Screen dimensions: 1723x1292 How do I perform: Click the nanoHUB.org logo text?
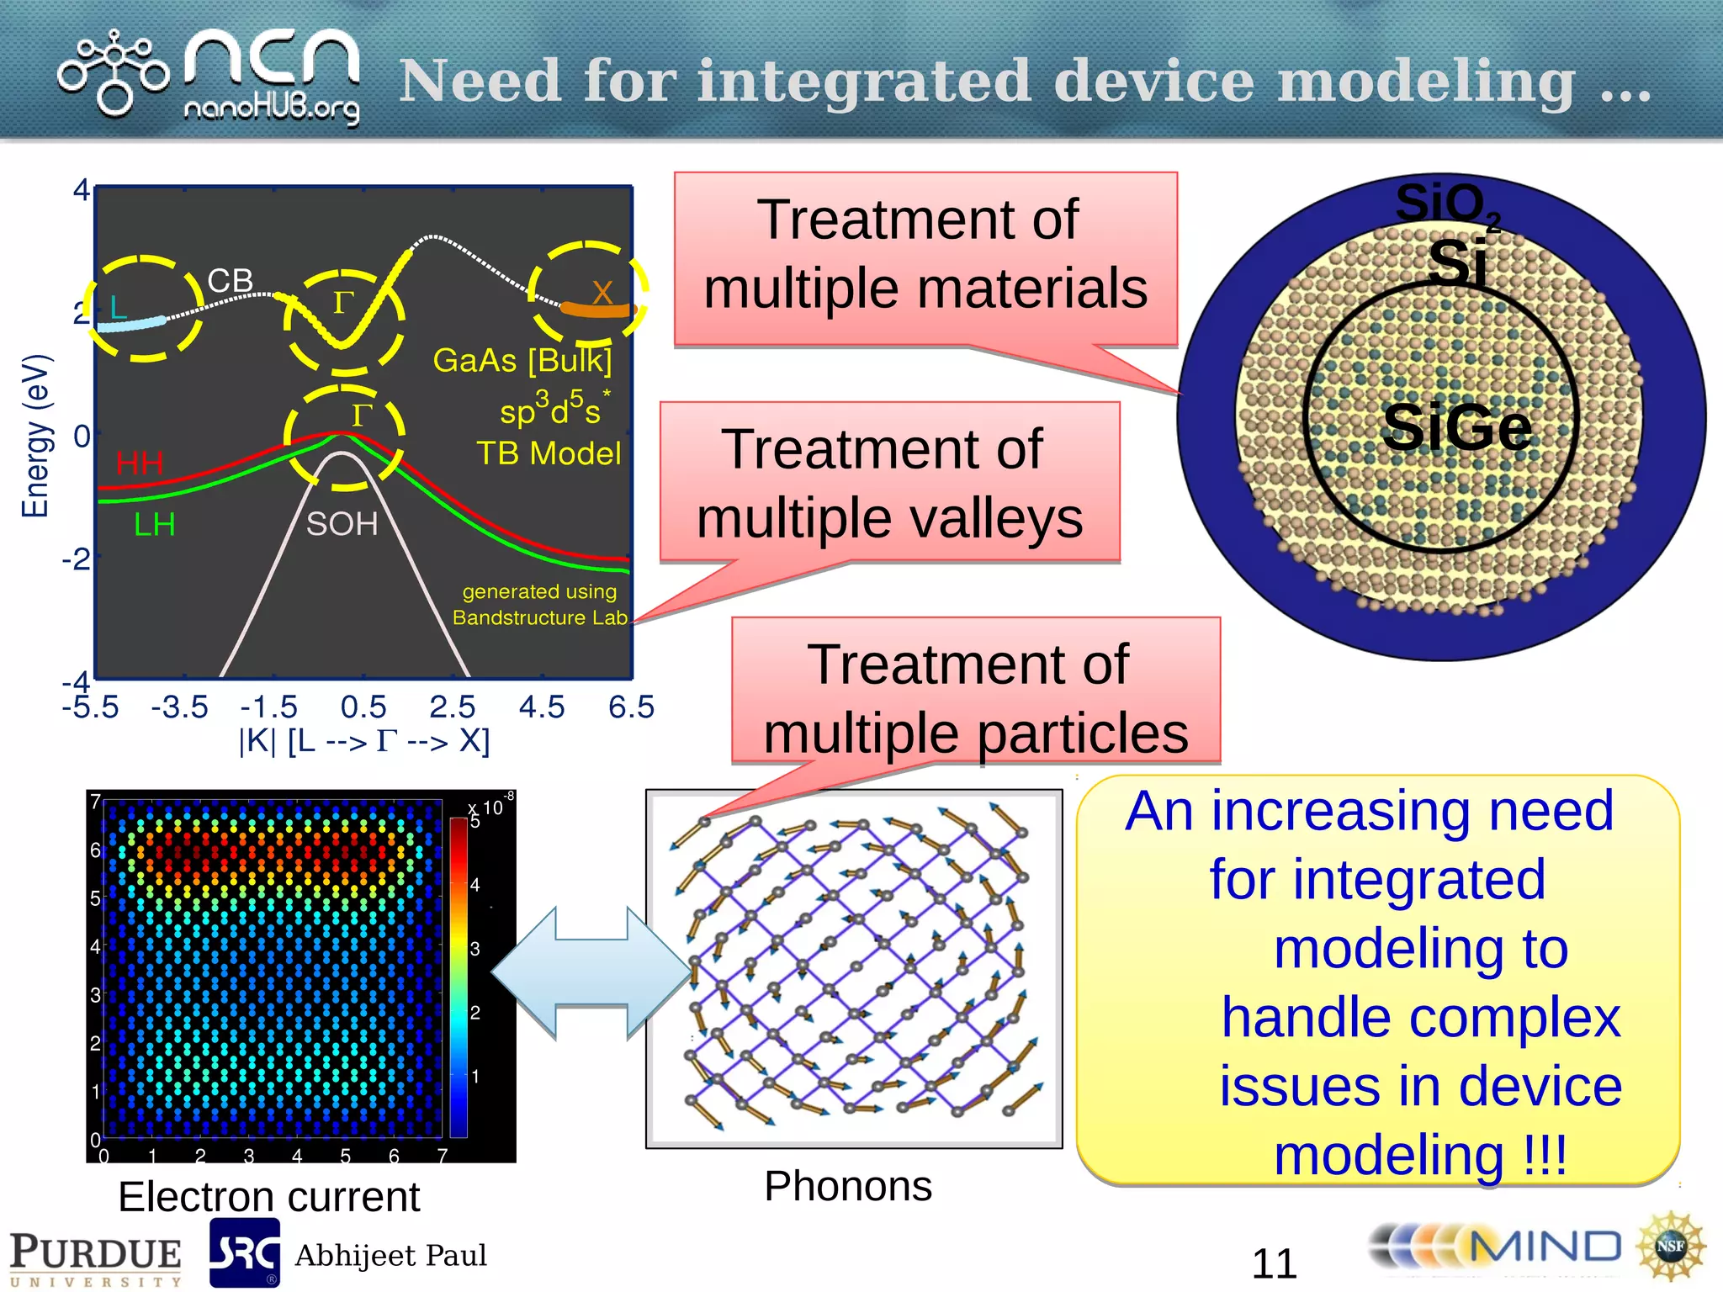(271, 109)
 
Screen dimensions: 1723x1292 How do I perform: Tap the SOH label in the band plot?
(342, 524)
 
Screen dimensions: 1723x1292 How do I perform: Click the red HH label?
(140, 463)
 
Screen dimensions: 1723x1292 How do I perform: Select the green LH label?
(155, 525)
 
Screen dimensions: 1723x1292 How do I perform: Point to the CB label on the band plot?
(230, 281)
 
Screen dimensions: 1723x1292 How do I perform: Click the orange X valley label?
(602, 294)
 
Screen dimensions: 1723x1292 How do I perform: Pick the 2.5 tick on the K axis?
(453, 707)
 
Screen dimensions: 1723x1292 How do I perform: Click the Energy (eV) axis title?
(35, 435)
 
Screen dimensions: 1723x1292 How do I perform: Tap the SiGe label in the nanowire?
(1456, 427)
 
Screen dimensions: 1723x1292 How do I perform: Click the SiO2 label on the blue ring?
(1446, 203)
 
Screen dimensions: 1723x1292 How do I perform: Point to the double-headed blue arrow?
(591, 973)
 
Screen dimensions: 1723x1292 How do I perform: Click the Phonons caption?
(848, 1186)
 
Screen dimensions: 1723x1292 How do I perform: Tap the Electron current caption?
(268, 1196)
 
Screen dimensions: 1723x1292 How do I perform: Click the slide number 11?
(1274, 1263)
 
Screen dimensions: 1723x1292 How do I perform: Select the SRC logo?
(245, 1252)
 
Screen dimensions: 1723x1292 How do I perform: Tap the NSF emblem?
(1670, 1247)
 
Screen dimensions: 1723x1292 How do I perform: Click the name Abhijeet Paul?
(390, 1256)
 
